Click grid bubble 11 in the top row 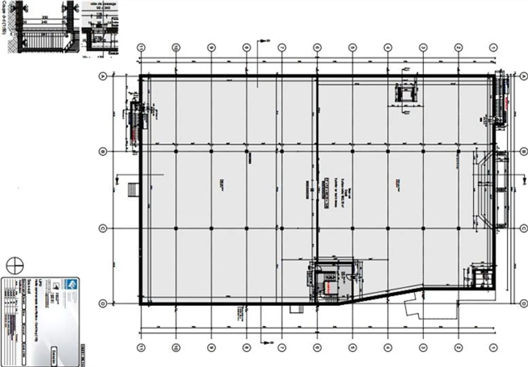click(x=141, y=47)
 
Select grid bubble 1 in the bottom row click(x=494, y=347)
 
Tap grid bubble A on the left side click(x=103, y=76)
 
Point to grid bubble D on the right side click(x=523, y=303)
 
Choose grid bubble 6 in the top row click(x=317, y=47)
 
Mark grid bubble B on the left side click(x=103, y=151)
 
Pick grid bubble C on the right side click(x=523, y=228)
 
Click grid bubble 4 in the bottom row click(x=388, y=347)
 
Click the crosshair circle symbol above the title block click(x=15, y=265)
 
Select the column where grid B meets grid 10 click(x=176, y=151)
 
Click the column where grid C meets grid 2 click(x=458, y=228)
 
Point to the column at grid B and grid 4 click(x=388, y=151)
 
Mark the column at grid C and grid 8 click(x=246, y=228)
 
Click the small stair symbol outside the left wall click(x=132, y=190)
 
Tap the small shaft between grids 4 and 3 click(x=406, y=94)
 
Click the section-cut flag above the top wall click(x=264, y=41)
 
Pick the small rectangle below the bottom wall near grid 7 click(x=294, y=309)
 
